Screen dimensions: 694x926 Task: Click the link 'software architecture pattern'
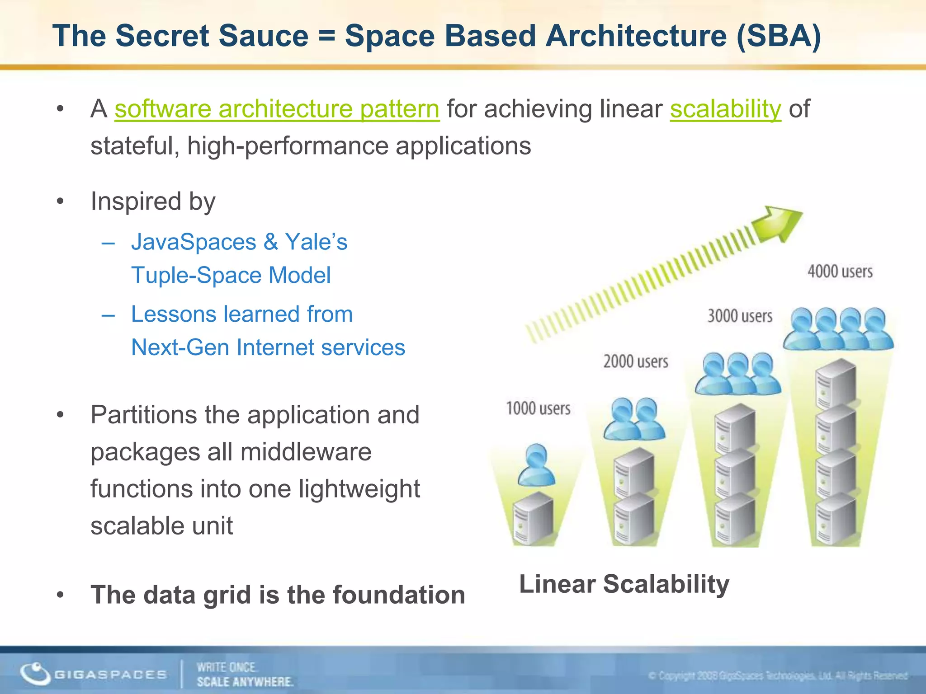coord(277,109)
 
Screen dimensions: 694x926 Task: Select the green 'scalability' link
coord(725,109)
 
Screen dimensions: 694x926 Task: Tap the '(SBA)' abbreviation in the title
coord(778,36)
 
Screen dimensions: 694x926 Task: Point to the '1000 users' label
coord(538,408)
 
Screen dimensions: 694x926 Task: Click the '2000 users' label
coord(636,361)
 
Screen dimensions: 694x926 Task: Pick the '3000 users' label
coord(740,316)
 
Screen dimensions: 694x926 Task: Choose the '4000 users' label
coord(840,271)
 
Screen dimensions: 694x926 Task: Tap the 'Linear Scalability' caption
coord(624,584)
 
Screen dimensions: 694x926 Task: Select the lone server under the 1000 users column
coord(534,519)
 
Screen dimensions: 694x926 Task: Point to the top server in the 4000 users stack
coord(836,384)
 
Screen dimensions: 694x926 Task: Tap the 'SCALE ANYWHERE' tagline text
coord(245,681)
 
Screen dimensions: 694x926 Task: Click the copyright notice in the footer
coord(778,676)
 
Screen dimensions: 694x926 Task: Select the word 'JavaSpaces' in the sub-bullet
coord(194,242)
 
